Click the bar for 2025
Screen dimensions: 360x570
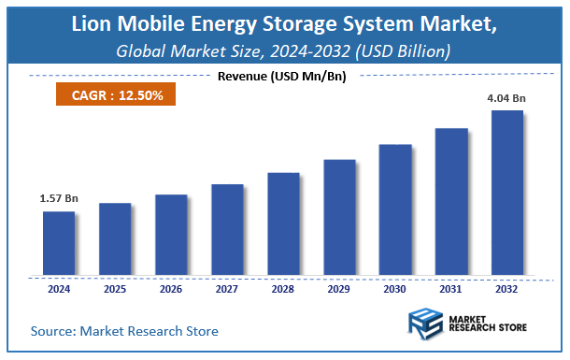(115, 239)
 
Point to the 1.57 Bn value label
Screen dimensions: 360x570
(58, 198)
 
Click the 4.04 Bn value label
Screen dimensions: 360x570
(507, 96)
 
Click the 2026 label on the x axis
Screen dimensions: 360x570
(171, 289)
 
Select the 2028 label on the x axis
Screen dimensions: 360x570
(283, 289)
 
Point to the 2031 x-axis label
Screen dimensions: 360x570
(451, 289)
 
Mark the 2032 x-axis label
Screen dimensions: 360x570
(507, 289)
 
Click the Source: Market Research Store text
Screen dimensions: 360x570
(124, 331)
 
